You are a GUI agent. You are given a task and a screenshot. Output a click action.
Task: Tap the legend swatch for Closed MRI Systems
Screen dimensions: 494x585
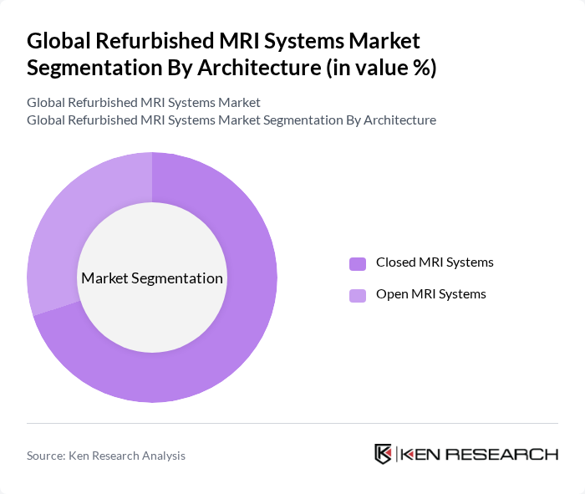(x=358, y=263)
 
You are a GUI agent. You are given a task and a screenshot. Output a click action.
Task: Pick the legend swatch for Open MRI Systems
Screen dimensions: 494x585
(x=358, y=295)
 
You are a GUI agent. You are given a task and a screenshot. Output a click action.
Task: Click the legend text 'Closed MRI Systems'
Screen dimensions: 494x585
(x=435, y=262)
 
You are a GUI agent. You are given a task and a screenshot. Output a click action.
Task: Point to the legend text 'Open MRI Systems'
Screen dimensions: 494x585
(x=430, y=294)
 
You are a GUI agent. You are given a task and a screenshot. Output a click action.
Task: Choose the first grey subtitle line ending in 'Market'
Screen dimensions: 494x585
(x=143, y=102)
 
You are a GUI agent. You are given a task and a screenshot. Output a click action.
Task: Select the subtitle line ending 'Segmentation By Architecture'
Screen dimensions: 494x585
(x=231, y=120)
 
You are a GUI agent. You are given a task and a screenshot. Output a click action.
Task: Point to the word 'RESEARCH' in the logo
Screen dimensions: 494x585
(x=505, y=455)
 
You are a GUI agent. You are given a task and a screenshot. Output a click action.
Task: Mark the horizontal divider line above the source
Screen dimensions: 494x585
(x=292, y=423)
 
